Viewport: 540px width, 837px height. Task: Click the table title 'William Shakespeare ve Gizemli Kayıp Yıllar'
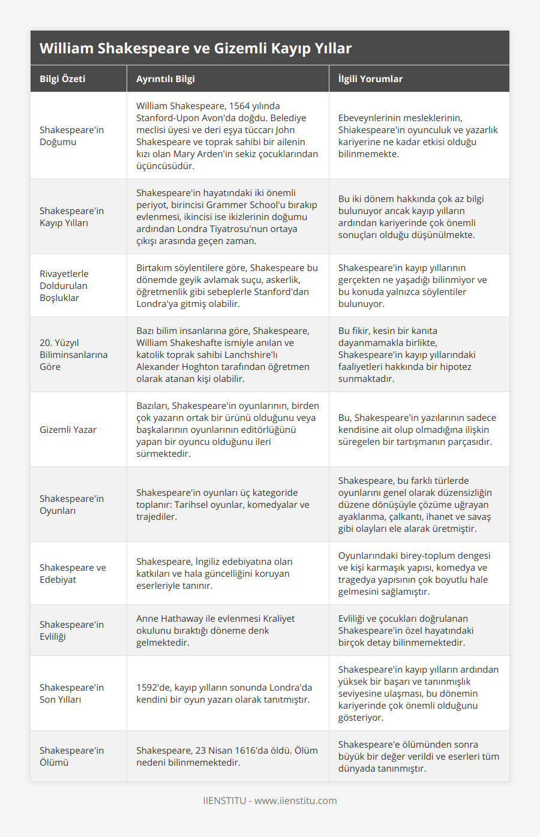click(196, 48)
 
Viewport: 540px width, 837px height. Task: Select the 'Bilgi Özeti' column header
click(62, 79)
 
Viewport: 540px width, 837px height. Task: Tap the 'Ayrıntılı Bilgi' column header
click(165, 79)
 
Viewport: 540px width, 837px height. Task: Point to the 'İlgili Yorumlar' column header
click(370, 79)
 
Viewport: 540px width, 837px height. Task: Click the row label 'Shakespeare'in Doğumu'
click(71, 136)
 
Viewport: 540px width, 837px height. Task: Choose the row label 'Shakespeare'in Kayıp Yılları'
click(71, 216)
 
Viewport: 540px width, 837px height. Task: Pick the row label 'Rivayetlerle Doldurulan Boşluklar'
click(64, 285)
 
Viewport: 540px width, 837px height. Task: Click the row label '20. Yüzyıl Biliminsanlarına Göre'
click(73, 354)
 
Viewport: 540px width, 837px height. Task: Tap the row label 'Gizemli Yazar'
click(68, 429)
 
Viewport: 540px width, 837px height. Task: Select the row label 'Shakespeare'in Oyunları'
click(71, 504)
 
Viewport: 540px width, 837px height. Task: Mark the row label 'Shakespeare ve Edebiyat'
click(73, 573)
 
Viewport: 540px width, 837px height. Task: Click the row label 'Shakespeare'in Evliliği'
click(71, 630)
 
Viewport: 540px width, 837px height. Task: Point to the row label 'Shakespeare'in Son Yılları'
click(71, 693)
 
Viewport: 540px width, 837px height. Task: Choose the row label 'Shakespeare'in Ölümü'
click(71, 756)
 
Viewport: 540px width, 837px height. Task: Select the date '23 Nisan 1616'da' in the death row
click(236, 750)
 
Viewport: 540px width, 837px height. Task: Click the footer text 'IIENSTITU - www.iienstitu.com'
click(269, 800)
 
